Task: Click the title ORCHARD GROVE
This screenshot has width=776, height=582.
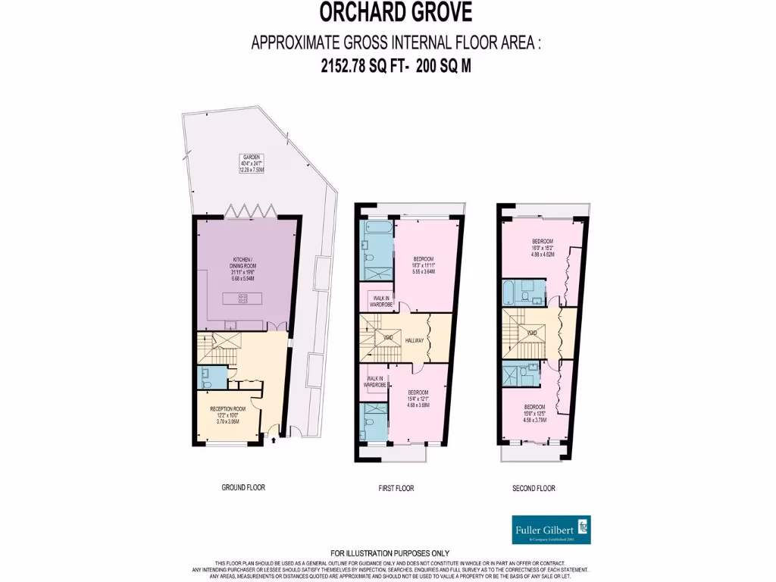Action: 395,13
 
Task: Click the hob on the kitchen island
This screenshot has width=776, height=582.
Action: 243,299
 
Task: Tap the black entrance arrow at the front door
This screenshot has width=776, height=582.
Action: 273,437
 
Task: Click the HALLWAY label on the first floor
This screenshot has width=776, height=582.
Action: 415,341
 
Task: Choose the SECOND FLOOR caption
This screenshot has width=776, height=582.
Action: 533,488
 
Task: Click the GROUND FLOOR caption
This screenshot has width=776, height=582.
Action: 243,487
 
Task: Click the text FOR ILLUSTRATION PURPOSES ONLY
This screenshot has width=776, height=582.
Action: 390,553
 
